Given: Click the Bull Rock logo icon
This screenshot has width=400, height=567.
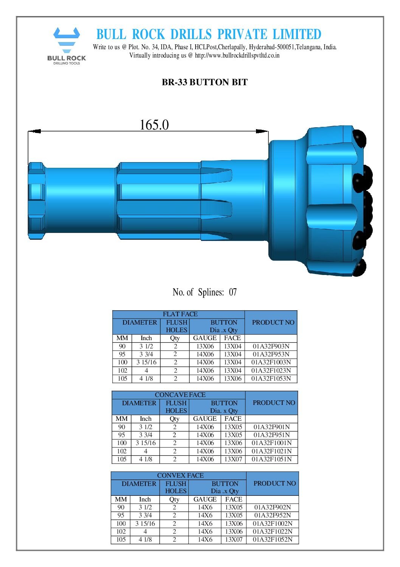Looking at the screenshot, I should point(67,40).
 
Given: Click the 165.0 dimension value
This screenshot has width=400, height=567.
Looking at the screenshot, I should point(154,125).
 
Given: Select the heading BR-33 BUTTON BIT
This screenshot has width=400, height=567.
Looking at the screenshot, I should point(205,82).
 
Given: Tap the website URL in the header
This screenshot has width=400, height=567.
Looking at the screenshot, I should point(237,55).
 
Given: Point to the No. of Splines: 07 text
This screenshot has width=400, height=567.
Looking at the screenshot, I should point(205,292).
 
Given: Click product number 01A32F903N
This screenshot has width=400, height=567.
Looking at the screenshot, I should point(271,346).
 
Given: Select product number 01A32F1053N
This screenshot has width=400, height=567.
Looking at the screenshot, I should point(271,378).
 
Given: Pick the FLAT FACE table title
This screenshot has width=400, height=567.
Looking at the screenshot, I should point(180,314).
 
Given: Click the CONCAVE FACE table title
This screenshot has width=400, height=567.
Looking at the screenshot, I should point(180,395).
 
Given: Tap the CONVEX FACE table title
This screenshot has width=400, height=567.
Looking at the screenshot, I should point(180,475).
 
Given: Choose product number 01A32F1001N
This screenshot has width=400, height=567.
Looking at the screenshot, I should point(272,443).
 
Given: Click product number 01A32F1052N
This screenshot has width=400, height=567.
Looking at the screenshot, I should point(273,539).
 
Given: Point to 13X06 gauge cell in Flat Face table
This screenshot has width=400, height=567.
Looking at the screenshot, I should point(205,346).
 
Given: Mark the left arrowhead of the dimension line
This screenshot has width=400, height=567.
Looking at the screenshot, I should point(34,131).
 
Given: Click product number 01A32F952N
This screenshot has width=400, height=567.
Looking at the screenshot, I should point(273,515).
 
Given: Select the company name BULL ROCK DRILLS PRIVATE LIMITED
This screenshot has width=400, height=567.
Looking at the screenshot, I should point(209,34).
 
